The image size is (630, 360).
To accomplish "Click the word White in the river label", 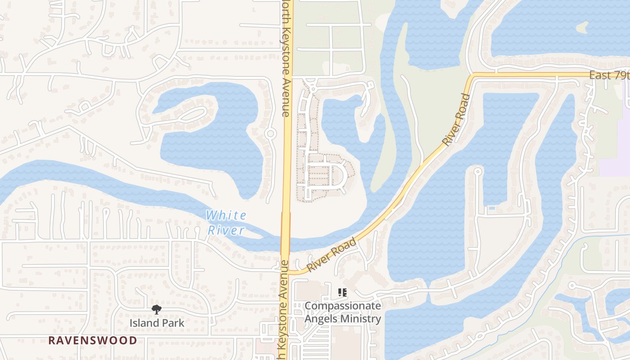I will [226, 215].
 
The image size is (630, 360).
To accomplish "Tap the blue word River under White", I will [226, 231].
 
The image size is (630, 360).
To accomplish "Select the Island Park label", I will [157, 323].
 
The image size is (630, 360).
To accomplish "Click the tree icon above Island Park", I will [157, 309].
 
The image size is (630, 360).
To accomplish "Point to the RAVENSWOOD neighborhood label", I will [93, 340].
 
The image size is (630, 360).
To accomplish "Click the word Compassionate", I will [342, 306].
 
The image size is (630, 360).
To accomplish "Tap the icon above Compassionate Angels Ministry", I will [342, 292].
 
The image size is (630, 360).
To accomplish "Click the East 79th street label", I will [609, 75].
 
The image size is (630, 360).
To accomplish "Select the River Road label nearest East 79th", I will [456, 119].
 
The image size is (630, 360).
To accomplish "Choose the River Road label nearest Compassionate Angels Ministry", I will [332, 255].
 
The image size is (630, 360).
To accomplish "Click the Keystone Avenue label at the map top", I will [285, 58].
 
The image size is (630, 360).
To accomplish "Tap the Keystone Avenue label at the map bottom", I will [283, 310].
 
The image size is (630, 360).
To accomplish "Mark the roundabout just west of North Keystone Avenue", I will [270, 134].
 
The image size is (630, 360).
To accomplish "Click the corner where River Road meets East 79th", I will [471, 76].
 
